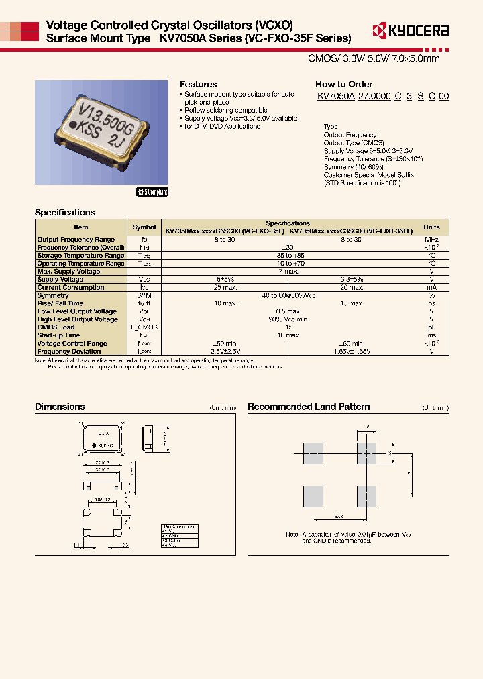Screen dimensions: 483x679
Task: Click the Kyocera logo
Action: (x=411, y=30)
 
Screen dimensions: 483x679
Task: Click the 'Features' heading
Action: (x=198, y=84)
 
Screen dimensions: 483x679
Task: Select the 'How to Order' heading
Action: (x=343, y=84)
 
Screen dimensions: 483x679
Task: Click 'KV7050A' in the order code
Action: (x=335, y=97)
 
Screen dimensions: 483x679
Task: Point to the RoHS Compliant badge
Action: (x=152, y=191)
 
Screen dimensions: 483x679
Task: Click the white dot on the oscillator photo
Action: (x=74, y=126)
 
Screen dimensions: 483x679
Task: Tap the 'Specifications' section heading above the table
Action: (x=65, y=212)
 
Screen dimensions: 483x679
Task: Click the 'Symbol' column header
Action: (x=144, y=227)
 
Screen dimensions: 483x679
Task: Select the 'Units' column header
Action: (x=431, y=227)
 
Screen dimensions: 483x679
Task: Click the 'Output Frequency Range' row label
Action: (x=76, y=239)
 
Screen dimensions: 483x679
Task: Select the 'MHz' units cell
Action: (x=431, y=239)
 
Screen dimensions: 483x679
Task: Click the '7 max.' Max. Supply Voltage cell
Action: (x=288, y=271)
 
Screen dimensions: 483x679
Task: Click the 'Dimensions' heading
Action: (x=60, y=407)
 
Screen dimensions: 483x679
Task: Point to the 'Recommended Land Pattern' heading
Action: (x=309, y=407)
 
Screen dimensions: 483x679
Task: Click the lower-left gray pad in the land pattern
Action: (x=313, y=496)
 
